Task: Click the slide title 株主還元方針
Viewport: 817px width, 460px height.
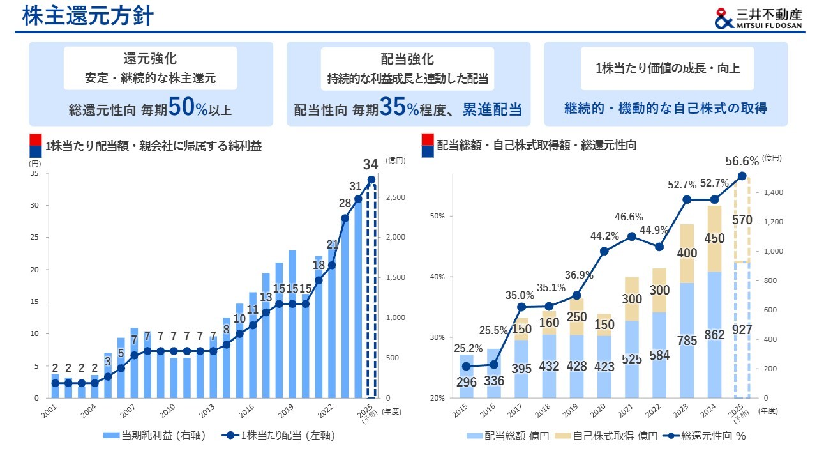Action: [88, 16]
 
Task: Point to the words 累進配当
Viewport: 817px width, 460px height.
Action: [492, 109]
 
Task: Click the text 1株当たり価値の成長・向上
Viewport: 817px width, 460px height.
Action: [667, 68]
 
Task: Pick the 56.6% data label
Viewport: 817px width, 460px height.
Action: [742, 160]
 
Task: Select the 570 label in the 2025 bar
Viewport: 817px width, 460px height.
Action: [742, 220]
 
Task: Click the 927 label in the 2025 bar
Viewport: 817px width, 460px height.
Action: [742, 330]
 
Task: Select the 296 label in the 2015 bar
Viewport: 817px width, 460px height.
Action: [467, 381]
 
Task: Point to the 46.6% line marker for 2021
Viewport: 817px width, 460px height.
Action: [632, 236]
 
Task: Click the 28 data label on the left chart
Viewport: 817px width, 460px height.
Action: [345, 203]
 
